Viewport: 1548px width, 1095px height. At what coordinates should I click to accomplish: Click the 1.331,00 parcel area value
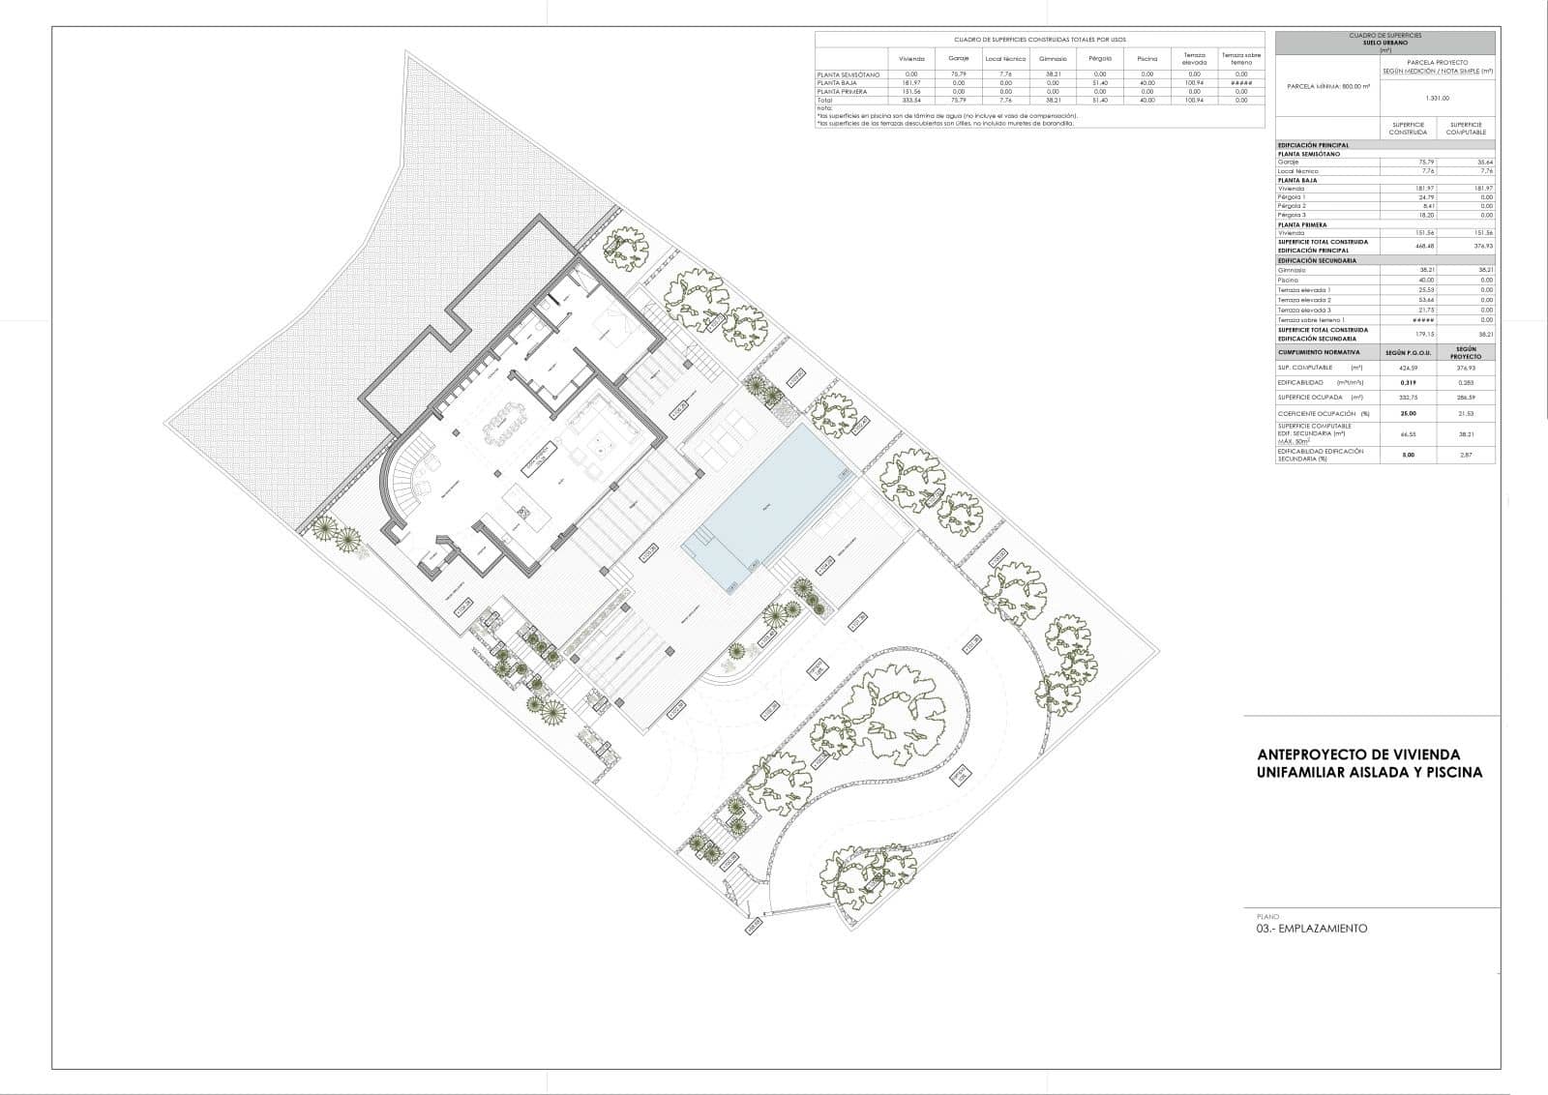click(x=1438, y=97)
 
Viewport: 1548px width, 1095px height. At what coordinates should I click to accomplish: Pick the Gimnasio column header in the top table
click(x=1053, y=58)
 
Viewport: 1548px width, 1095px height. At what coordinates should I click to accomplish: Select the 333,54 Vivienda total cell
click(x=910, y=100)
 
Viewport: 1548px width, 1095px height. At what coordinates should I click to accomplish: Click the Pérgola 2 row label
click(x=1292, y=206)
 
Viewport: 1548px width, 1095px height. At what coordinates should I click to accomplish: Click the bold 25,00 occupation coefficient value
click(x=1409, y=413)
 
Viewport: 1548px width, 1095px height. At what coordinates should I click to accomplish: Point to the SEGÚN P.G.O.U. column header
click(x=1409, y=352)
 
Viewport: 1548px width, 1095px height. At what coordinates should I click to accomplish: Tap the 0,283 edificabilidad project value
click(x=1466, y=382)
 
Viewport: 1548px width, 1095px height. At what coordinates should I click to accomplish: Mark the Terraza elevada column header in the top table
click(x=1194, y=58)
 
